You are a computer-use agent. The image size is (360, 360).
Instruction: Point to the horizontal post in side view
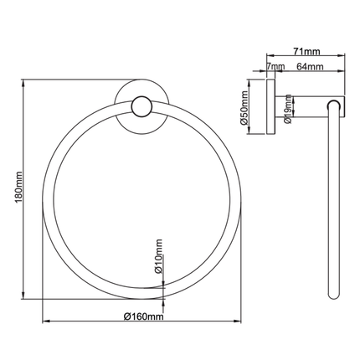(306, 104)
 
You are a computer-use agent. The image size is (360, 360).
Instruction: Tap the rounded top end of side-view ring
(335, 102)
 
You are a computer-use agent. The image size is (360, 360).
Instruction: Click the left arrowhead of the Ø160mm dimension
(44, 321)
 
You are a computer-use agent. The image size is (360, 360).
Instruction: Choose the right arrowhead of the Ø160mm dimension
(242, 321)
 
